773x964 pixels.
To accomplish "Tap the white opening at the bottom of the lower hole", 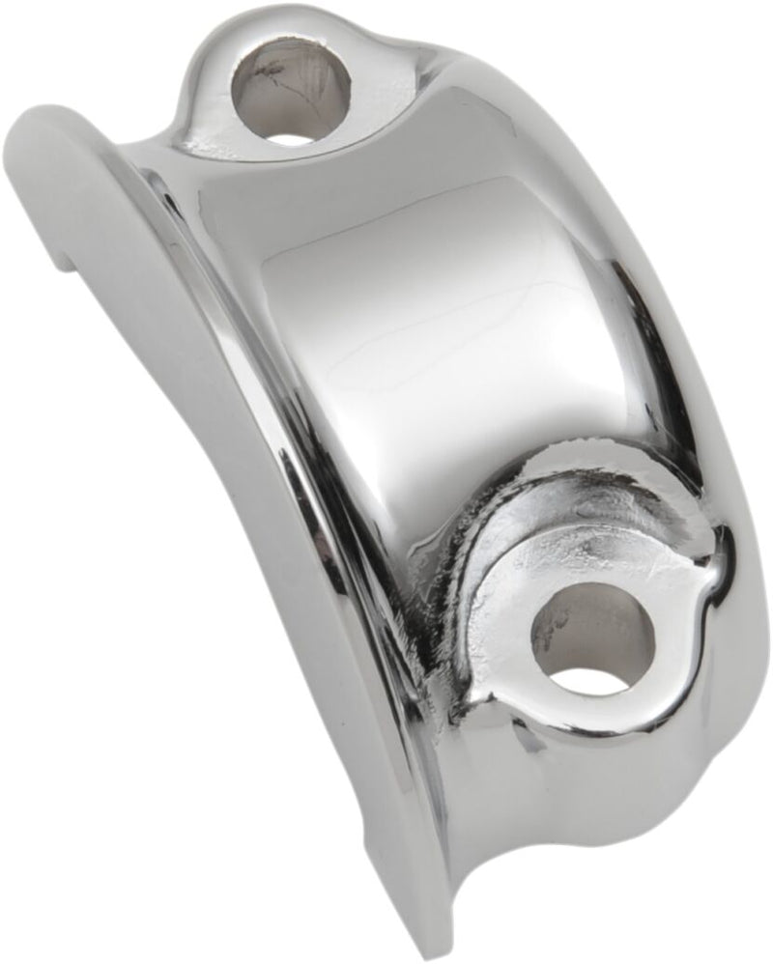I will [x=592, y=680].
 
